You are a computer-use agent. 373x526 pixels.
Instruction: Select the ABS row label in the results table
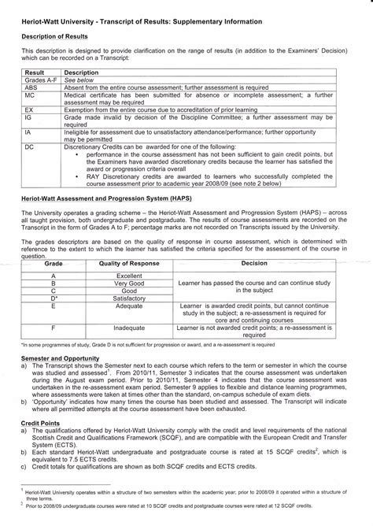[x=31, y=87]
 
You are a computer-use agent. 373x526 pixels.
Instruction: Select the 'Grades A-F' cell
[x=41, y=80]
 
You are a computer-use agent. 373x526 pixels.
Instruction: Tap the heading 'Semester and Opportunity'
[x=57, y=357]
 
